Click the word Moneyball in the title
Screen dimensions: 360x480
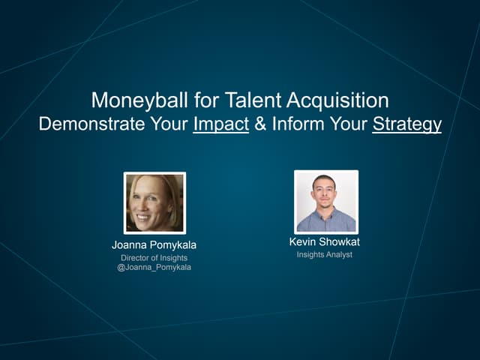tap(130, 100)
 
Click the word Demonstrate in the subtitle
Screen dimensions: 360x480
tap(85, 124)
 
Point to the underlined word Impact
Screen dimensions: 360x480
tap(220, 124)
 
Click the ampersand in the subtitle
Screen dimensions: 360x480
tap(260, 124)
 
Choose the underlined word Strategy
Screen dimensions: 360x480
tap(407, 124)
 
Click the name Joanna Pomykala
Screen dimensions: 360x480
tap(154, 245)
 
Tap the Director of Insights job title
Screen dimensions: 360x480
tap(154, 258)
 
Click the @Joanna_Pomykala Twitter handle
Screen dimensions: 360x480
tap(154, 268)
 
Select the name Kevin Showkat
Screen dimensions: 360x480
tap(325, 241)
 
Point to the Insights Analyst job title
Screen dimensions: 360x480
tap(325, 255)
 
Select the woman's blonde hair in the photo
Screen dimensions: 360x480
tap(171, 191)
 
